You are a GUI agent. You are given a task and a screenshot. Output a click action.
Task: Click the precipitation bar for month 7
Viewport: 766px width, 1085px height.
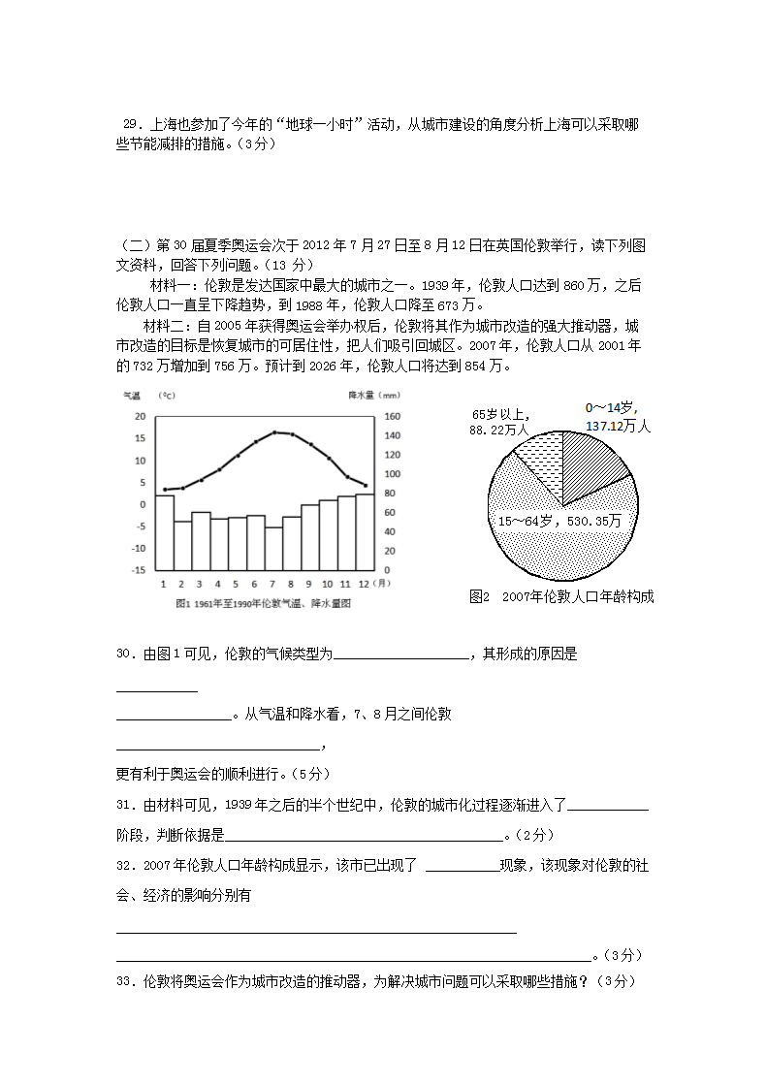click(274, 549)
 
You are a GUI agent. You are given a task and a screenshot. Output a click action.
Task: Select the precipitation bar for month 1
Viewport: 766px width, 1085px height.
click(165, 532)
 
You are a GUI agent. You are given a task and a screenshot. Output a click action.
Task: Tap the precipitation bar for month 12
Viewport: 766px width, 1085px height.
click(366, 532)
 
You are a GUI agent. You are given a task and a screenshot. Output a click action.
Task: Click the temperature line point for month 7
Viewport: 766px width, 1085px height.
click(274, 432)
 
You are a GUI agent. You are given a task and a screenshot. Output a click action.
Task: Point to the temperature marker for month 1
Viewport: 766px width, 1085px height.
click(165, 490)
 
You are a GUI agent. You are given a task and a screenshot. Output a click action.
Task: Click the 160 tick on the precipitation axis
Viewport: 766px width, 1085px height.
click(391, 416)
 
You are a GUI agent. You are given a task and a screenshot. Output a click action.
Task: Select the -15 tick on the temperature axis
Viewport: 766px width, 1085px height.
click(139, 570)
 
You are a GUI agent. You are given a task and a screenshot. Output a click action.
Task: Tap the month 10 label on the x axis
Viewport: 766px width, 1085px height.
click(329, 584)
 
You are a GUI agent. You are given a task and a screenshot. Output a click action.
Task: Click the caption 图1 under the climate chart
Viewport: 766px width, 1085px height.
click(262, 603)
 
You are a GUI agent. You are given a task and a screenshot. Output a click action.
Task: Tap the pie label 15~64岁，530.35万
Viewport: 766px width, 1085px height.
click(559, 521)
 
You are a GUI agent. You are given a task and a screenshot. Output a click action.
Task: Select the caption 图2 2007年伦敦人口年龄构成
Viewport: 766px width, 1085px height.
click(560, 597)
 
